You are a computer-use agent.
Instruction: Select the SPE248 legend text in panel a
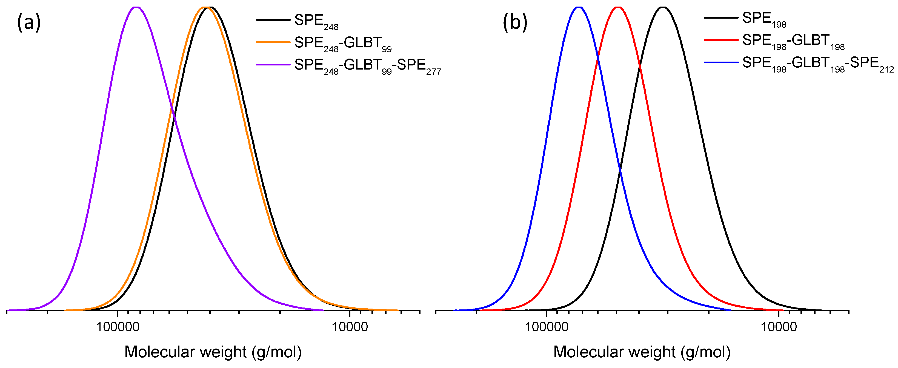tap(316, 21)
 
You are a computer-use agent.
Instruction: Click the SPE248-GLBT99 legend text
tap(343, 43)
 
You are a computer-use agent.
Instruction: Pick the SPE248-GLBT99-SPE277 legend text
tap(367, 65)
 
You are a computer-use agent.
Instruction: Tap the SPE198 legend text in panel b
tap(764, 19)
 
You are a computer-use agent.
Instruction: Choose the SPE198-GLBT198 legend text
tap(793, 41)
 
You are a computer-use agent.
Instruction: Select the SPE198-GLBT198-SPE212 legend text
tap(817, 64)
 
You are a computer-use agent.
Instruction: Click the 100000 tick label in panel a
tap(118, 327)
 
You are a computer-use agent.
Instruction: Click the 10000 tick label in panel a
tap(350, 327)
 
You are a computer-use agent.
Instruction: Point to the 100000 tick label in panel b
tap(546, 327)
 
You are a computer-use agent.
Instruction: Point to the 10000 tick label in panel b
tap(779, 327)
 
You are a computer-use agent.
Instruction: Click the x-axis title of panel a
tap(213, 352)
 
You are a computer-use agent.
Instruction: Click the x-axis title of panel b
tap(642, 352)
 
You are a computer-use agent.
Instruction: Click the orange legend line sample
tap(273, 42)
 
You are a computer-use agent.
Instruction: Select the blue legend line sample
tap(721, 62)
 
